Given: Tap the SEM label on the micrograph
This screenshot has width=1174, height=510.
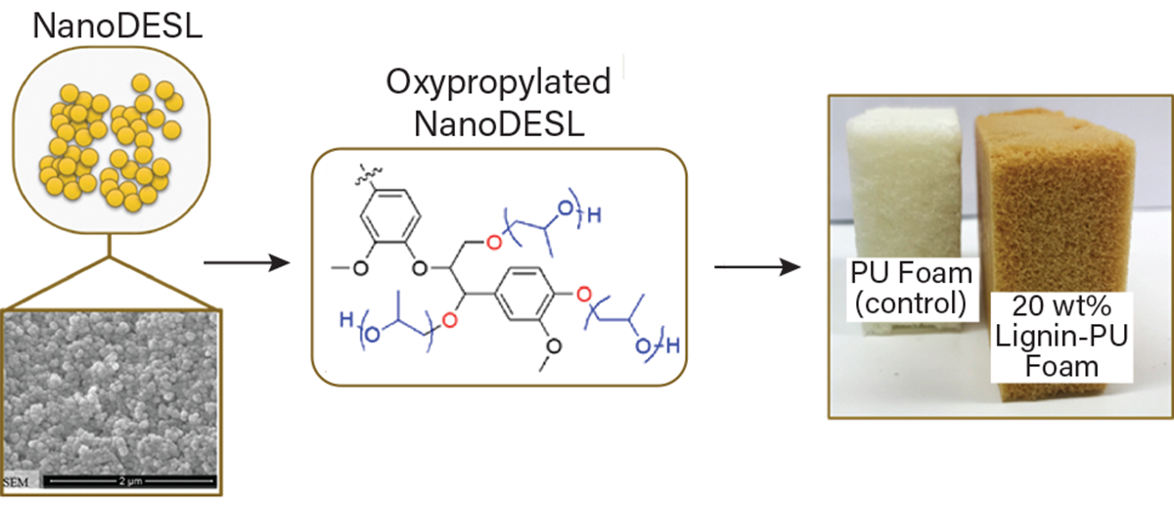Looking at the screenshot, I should point(19,483).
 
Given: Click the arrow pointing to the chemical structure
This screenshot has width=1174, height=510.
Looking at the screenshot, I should point(249,263).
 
